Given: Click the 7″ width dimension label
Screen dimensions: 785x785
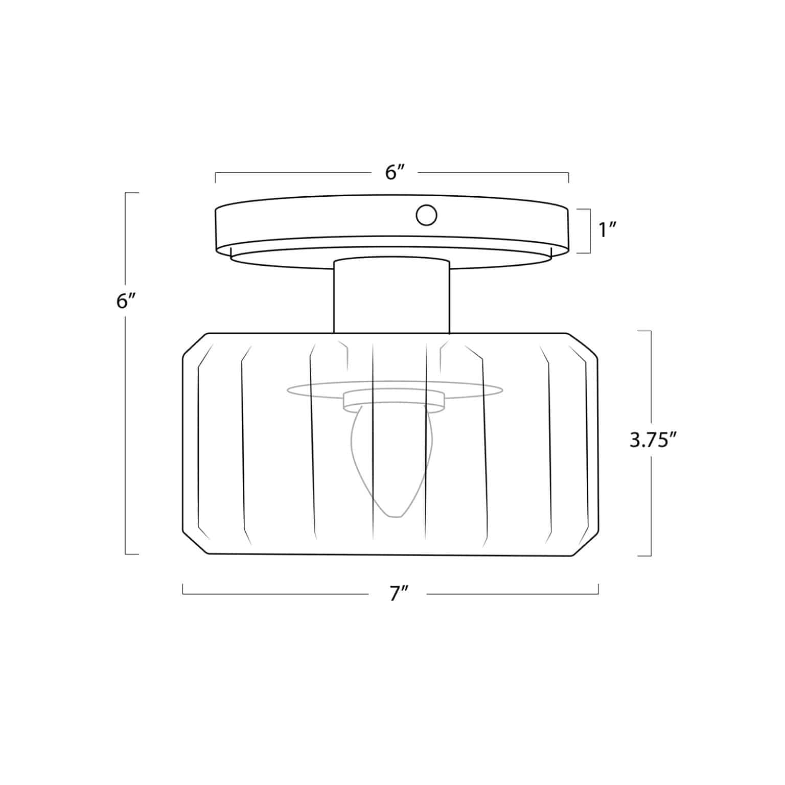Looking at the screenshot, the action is click(x=398, y=594).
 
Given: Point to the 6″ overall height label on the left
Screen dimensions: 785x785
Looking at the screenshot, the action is click(x=125, y=301).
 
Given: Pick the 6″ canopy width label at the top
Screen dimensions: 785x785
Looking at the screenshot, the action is click(x=394, y=173).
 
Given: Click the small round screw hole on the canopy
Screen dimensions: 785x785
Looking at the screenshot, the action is click(x=426, y=215).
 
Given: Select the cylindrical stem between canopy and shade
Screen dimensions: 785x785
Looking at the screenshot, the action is click(x=391, y=296).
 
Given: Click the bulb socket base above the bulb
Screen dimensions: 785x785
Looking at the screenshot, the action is click(x=393, y=402).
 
